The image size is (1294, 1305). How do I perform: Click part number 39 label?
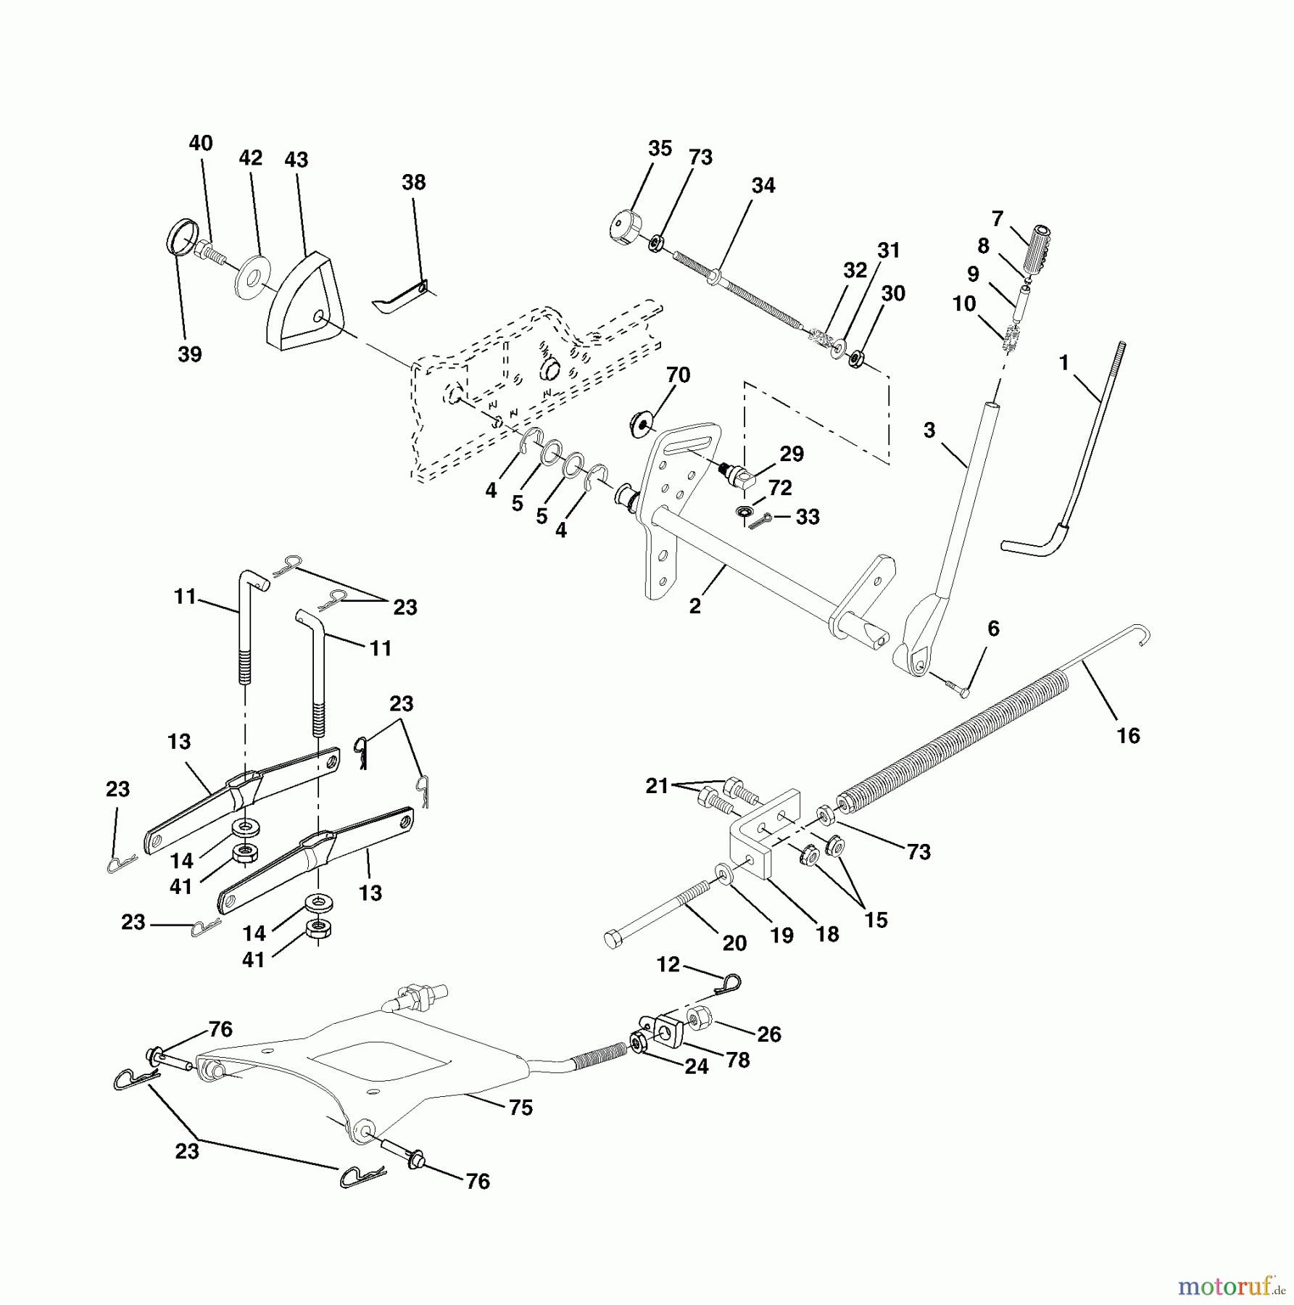click(190, 355)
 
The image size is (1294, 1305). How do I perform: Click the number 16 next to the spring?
click(1128, 735)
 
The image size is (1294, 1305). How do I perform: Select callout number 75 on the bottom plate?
click(520, 1108)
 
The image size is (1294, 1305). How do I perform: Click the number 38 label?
click(413, 182)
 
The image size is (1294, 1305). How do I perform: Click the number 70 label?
click(678, 376)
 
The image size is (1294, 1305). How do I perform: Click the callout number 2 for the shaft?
click(694, 606)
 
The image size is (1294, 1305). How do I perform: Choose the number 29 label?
click(792, 454)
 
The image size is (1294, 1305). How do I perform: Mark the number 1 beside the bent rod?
click(1063, 362)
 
